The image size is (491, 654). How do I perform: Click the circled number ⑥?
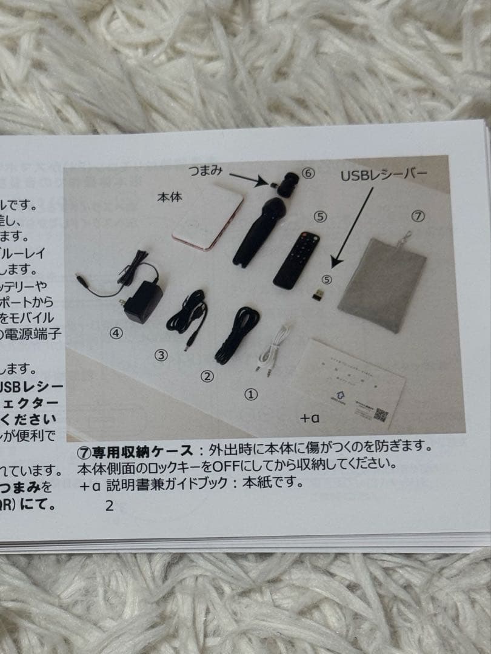[x=309, y=173]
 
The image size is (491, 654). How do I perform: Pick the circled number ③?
[x=161, y=355]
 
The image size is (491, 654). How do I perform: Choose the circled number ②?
[x=207, y=376]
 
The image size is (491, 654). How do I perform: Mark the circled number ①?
[x=251, y=394]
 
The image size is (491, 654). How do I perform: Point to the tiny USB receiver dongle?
[x=317, y=295]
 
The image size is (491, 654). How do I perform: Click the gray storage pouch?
[x=382, y=281]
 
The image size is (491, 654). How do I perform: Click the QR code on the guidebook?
[x=380, y=415]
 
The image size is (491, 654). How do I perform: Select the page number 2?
[x=109, y=506]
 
